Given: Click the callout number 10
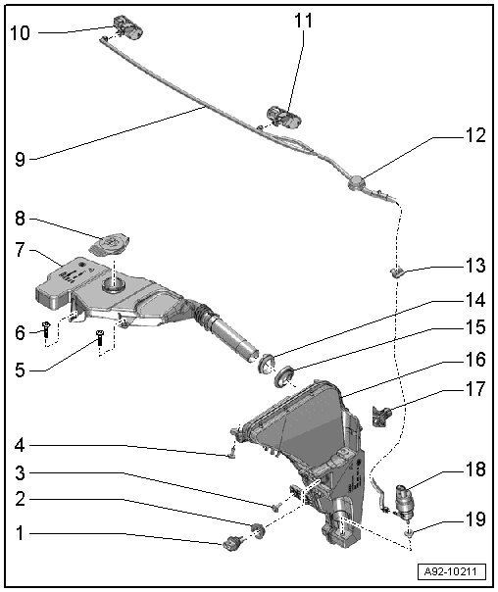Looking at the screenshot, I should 21,32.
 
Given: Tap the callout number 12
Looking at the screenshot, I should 473,136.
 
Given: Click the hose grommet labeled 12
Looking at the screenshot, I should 357,182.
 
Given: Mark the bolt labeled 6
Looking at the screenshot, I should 45,330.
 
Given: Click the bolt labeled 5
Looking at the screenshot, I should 100,339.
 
